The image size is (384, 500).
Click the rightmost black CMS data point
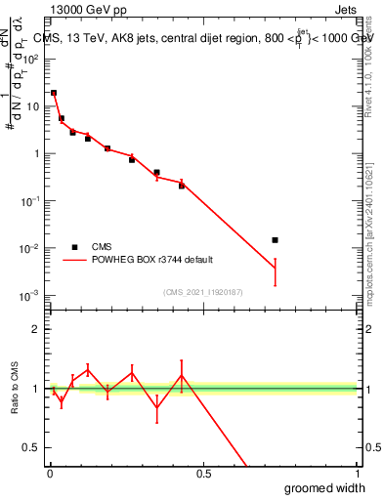(275, 239)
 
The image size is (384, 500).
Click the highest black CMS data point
(54, 93)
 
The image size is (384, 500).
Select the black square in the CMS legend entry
(74, 247)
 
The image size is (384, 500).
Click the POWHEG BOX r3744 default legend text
(152, 260)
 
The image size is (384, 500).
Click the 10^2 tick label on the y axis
(32, 58)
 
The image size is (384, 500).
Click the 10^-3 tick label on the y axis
(32, 295)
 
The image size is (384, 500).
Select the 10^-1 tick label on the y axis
(32, 200)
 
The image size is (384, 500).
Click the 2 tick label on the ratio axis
(36, 329)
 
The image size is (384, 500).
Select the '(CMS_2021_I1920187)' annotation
(203, 292)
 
